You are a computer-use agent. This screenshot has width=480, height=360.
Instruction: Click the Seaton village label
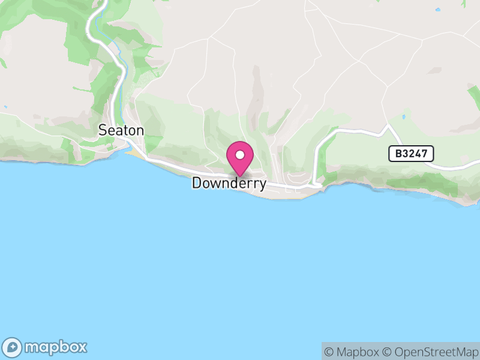[x=121, y=130]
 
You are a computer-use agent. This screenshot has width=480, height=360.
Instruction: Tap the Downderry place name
[x=229, y=184]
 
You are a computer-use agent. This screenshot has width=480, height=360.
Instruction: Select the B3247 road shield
[x=411, y=154]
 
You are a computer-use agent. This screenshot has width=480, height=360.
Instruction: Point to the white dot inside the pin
[x=240, y=155]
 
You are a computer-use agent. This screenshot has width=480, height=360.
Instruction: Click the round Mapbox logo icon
[x=13, y=347]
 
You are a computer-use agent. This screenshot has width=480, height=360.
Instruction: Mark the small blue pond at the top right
[x=438, y=10]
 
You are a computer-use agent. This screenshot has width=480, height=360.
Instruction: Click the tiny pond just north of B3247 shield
[x=404, y=117]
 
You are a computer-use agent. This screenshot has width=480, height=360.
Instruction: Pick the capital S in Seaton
[x=103, y=130]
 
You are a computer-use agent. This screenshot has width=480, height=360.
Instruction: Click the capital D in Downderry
[x=197, y=184]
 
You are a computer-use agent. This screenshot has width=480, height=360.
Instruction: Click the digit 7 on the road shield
[x=425, y=154]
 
